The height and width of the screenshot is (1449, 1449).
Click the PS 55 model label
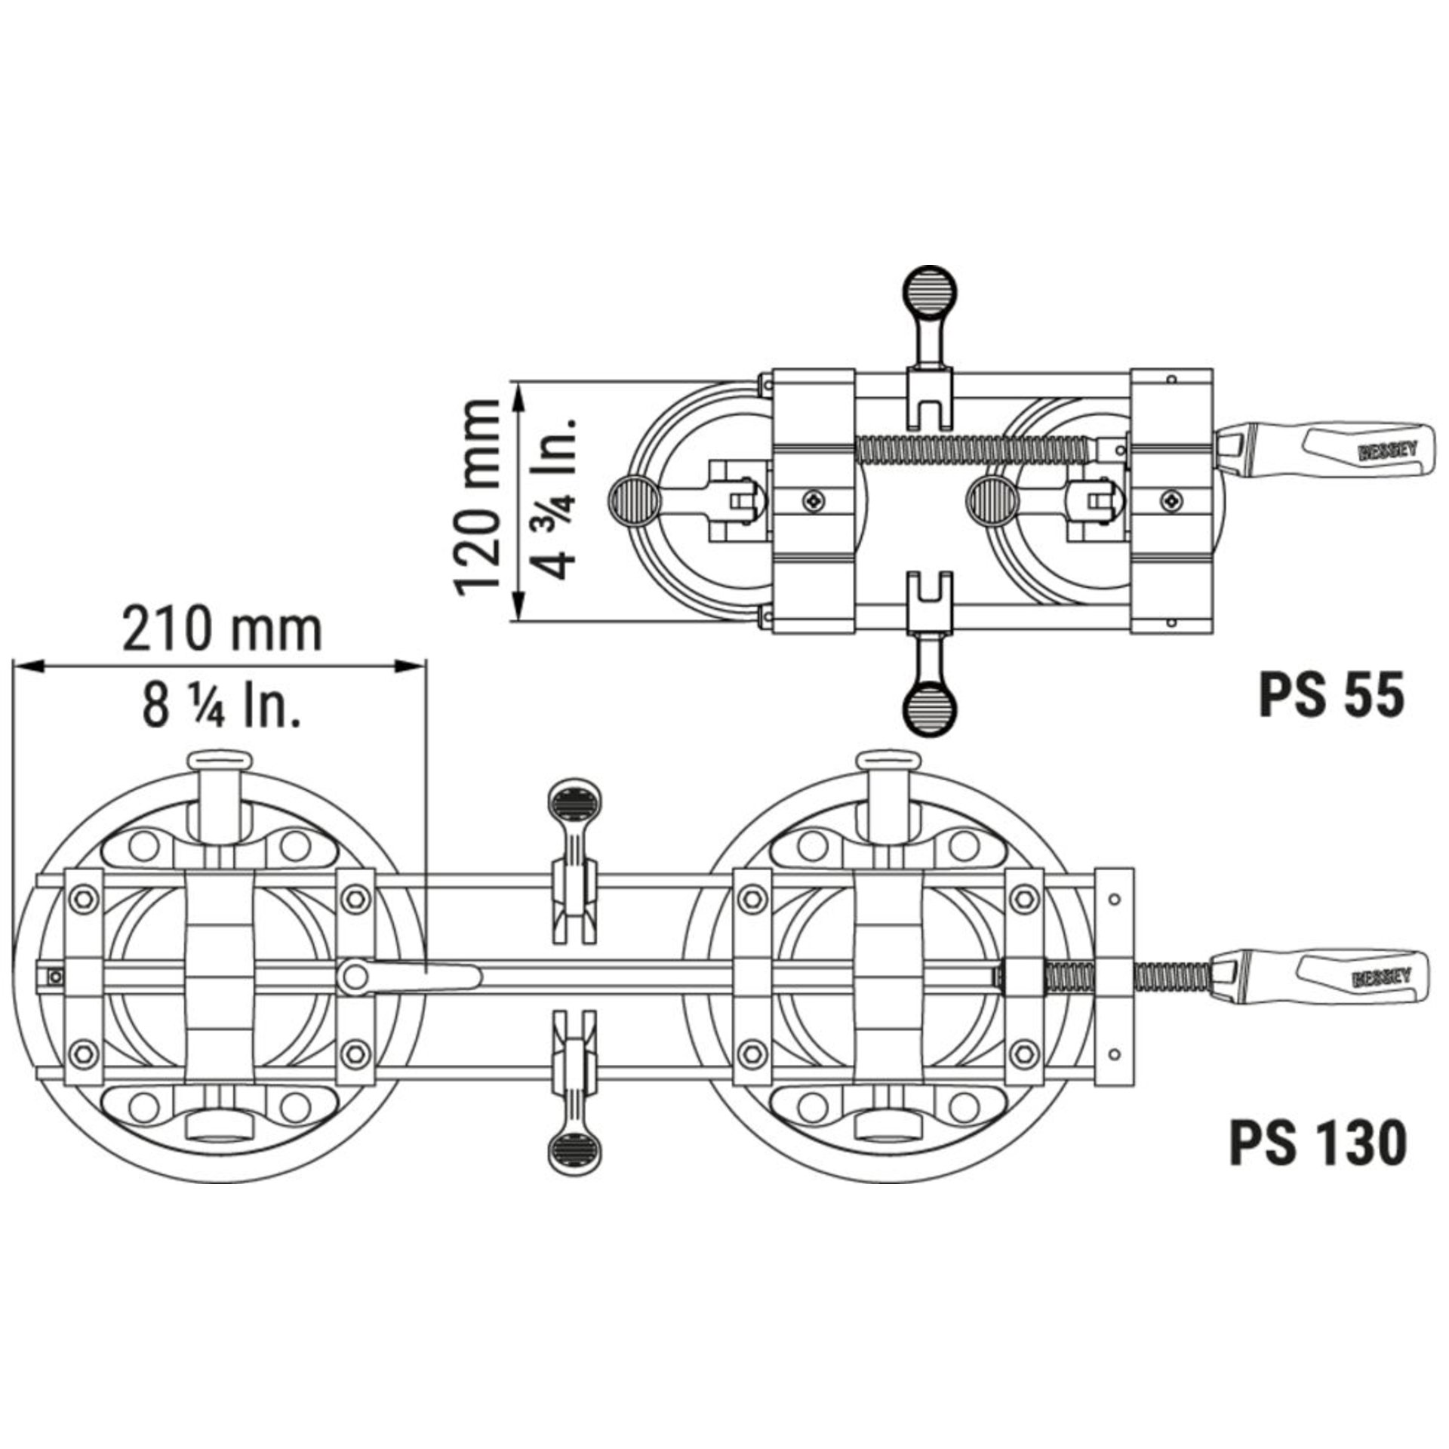pyautogui.click(x=1331, y=696)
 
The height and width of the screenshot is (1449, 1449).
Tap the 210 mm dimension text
pyautogui.click(x=222, y=630)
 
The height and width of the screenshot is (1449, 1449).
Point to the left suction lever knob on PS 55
pyautogui.click(x=633, y=500)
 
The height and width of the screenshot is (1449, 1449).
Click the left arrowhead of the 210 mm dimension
pyautogui.click(x=26, y=666)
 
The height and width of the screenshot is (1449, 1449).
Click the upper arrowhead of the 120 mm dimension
pyautogui.click(x=518, y=395)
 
